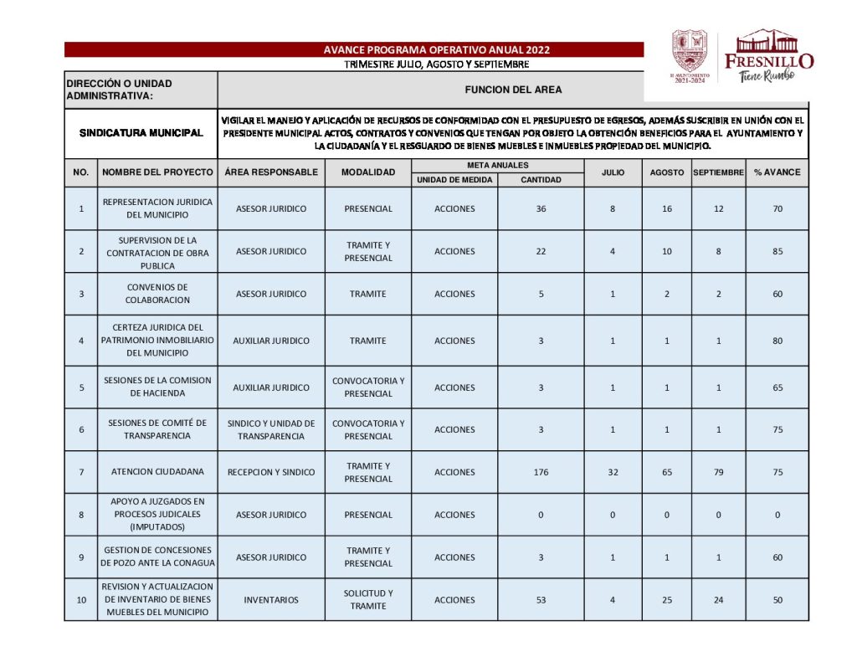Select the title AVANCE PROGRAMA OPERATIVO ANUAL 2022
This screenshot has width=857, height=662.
tap(437, 50)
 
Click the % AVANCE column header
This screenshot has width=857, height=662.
tap(777, 172)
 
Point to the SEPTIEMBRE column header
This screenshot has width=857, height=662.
tap(718, 172)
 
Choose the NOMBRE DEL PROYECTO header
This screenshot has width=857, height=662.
tap(157, 172)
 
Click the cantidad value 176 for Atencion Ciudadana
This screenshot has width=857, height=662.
tap(541, 472)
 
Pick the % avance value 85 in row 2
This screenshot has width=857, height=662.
tap(777, 251)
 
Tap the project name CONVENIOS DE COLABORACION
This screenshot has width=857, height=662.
tap(157, 294)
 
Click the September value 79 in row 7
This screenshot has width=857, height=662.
tap(718, 472)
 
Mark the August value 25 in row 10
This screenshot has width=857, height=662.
tap(666, 600)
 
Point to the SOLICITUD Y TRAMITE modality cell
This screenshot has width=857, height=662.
tap(367, 600)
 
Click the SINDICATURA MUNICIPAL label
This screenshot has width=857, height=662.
tap(141, 133)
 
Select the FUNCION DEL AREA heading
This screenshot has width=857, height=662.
tap(513, 90)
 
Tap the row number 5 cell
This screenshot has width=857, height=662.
tap(81, 387)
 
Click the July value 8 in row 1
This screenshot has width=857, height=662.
tap(613, 208)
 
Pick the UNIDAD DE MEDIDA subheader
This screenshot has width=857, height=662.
tap(454, 180)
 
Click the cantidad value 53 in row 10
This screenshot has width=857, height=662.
tap(541, 600)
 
